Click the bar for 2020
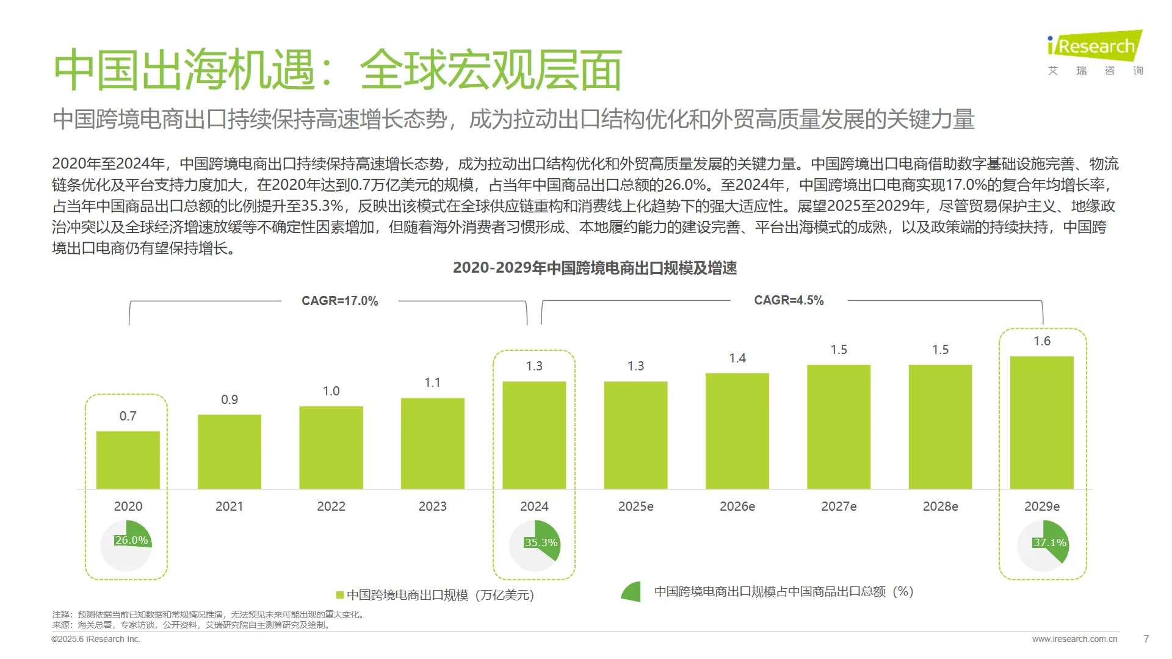coord(128,460)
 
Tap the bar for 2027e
coord(839,427)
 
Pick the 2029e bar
coord(1042,422)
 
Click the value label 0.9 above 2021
coord(230,400)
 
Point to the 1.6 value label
coord(1042,341)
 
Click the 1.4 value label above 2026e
coord(737,358)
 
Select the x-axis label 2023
coord(432,506)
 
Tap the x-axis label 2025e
coord(635,506)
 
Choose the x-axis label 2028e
coord(940,506)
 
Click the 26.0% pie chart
coord(126,545)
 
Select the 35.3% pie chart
coord(535,545)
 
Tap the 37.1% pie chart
coord(1043,545)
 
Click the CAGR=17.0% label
coord(339,301)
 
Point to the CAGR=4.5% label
coord(789,300)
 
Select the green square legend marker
coord(340,595)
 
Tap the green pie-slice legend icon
coord(632,592)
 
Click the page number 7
coord(1146,639)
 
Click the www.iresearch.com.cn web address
coord(1074,639)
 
